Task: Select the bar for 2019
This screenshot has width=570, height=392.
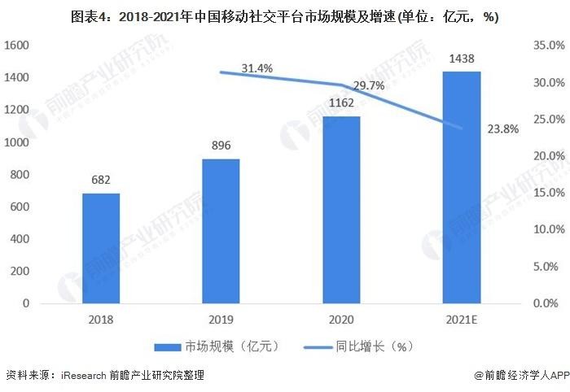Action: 221,231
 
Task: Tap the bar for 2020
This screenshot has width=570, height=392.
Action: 341,210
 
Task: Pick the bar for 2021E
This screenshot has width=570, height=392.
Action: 462,187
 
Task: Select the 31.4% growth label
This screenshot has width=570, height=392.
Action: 256,68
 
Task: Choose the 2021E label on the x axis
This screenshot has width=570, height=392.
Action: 462,320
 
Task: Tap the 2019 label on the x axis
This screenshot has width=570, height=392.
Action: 221,320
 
